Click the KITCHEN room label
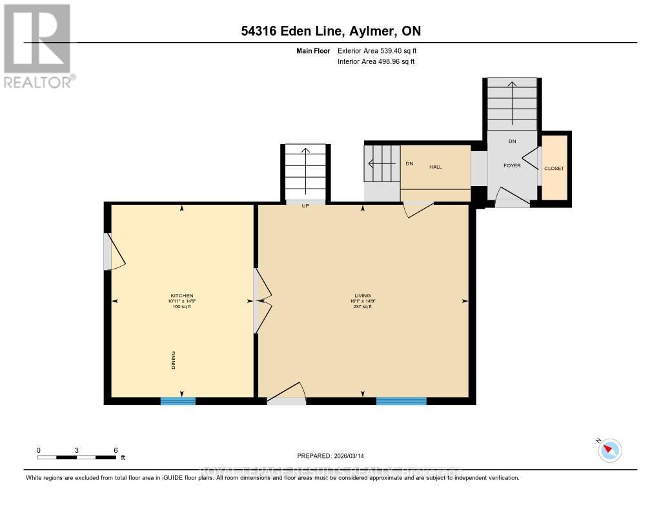181,296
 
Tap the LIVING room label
362,296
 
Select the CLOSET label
554,169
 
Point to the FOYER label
512,165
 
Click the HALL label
436,167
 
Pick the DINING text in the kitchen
174,360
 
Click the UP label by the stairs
305,207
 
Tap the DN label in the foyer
512,141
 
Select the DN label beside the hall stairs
409,164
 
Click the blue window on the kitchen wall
178,401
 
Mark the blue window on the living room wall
401,401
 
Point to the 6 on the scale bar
116,450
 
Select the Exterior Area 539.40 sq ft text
381,50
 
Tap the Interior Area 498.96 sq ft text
376,62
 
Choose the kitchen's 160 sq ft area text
181,306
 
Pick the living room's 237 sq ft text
362,306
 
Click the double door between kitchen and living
260,300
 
